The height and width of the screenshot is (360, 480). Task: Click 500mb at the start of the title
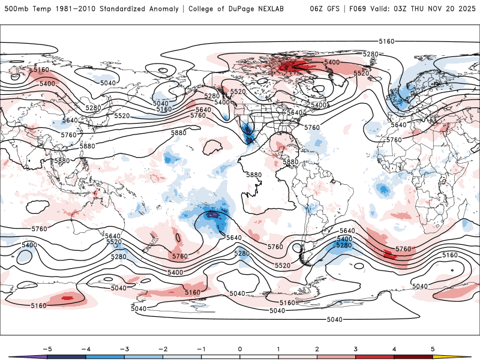15,9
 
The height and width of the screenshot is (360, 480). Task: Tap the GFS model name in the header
333,9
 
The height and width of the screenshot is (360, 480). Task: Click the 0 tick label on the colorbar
239,349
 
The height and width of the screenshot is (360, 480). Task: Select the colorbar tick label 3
356,349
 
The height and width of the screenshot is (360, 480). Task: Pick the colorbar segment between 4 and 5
413,356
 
